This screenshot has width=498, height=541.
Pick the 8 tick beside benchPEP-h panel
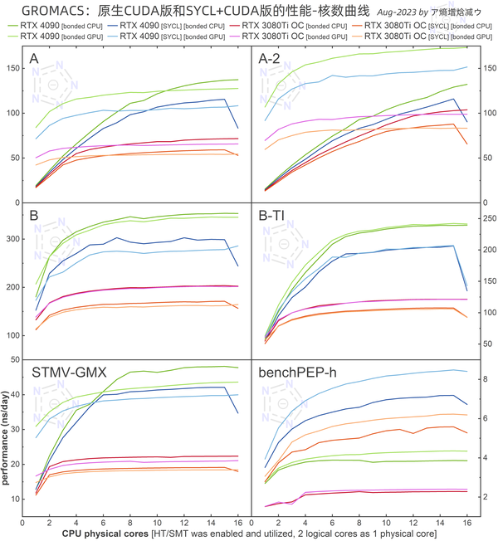(x=485, y=379)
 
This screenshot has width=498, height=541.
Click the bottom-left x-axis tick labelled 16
(x=238, y=523)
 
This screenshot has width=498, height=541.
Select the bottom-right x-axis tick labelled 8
(x=359, y=523)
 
